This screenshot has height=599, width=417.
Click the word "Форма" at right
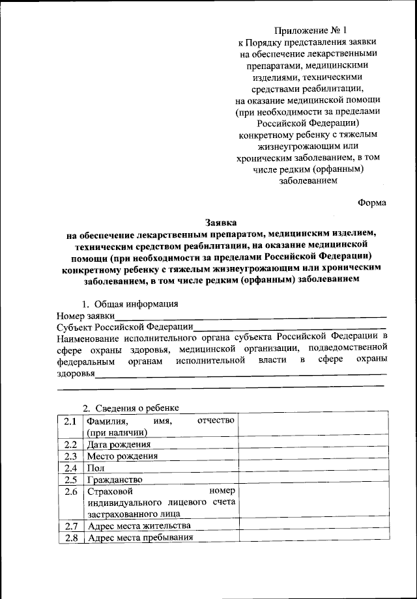click(x=372, y=202)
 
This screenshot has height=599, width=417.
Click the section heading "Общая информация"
click(x=136, y=303)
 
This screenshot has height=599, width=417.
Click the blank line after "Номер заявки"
click(x=250, y=316)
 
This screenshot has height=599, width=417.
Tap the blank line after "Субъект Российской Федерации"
click(x=290, y=327)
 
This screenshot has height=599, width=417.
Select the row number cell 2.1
click(x=70, y=421)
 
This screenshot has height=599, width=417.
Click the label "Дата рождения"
click(x=114, y=444)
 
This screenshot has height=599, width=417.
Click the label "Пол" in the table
click(x=94, y=467)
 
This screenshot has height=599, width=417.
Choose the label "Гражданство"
click(x=114, y=479)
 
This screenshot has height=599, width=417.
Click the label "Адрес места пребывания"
click(x=140, y=538)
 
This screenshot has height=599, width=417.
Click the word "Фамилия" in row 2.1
click(x=106, y=421)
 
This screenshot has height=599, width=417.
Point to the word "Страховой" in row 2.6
click(x=108, y=491)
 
